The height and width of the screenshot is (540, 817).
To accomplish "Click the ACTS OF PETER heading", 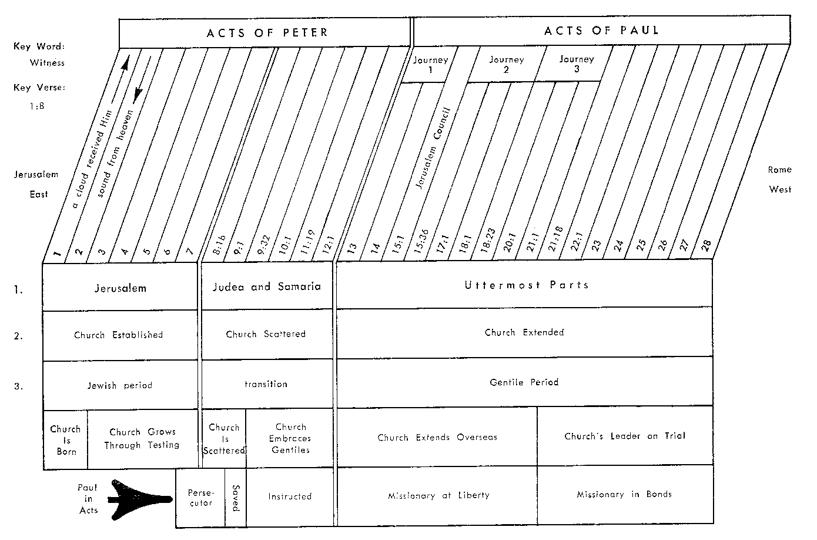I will point(266,32).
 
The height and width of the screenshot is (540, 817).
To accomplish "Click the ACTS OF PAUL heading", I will point(601,30).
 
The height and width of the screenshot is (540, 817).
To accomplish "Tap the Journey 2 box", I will point(506,64).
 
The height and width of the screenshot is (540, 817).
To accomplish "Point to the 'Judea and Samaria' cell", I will point(266,287).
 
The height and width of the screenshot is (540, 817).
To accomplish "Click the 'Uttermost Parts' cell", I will point(526,285).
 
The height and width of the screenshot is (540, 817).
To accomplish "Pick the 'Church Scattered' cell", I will point(266,334).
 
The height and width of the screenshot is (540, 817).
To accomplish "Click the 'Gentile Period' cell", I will point(524,382).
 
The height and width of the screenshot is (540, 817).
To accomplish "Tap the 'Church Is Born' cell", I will point(65,440).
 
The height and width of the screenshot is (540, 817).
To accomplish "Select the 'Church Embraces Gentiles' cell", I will point(290,438).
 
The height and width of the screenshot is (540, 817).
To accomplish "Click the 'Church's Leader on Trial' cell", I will point(625,436).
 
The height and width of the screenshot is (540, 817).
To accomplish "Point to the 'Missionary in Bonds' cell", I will point(624,495).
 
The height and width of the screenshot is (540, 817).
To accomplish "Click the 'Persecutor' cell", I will point(200,498).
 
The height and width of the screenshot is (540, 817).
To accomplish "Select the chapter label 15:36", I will point(421,240).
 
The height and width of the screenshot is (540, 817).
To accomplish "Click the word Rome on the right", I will point(779,170).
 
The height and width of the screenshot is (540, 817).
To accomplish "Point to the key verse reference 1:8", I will point(36,106).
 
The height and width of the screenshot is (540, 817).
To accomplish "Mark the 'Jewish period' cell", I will point(120,386).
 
